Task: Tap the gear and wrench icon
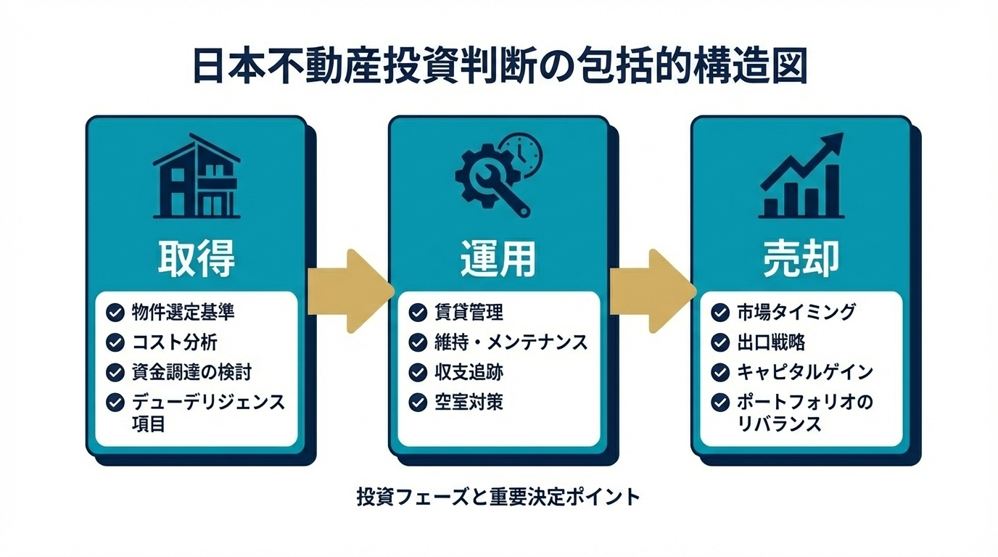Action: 493,178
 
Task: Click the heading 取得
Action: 196,258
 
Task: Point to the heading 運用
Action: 498,258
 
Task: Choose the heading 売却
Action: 801,258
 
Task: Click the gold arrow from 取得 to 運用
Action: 350,291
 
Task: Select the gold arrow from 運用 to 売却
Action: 651,291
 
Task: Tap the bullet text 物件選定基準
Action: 183,313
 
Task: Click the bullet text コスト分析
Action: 174,342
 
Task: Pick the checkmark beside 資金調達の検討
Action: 115,373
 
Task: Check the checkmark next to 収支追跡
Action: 417,373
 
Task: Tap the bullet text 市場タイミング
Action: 795,313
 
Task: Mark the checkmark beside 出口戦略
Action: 719,342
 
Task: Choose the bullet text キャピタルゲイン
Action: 804,373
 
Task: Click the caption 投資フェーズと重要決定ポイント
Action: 499,498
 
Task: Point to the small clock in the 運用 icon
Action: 525,152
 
